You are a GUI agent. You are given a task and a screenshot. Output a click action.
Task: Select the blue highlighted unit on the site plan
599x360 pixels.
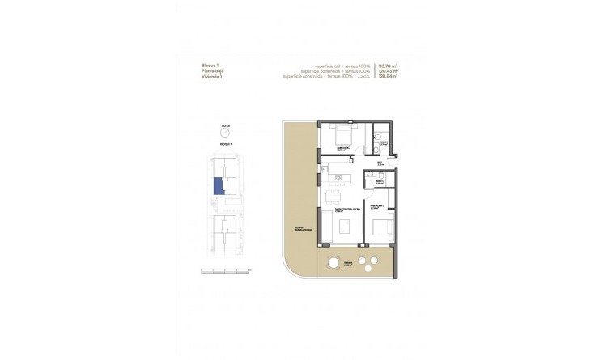tap(217, 186)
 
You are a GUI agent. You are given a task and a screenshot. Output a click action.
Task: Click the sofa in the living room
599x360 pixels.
tap(346, 230)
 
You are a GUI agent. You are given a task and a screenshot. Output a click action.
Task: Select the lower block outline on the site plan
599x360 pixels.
tap(224, 235)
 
